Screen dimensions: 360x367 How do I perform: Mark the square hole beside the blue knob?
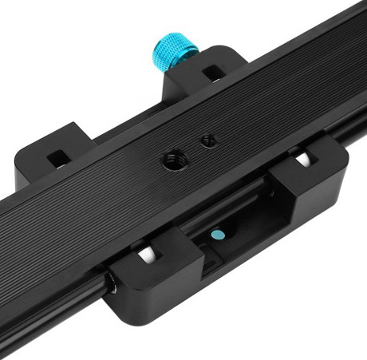tap(212, 73)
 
